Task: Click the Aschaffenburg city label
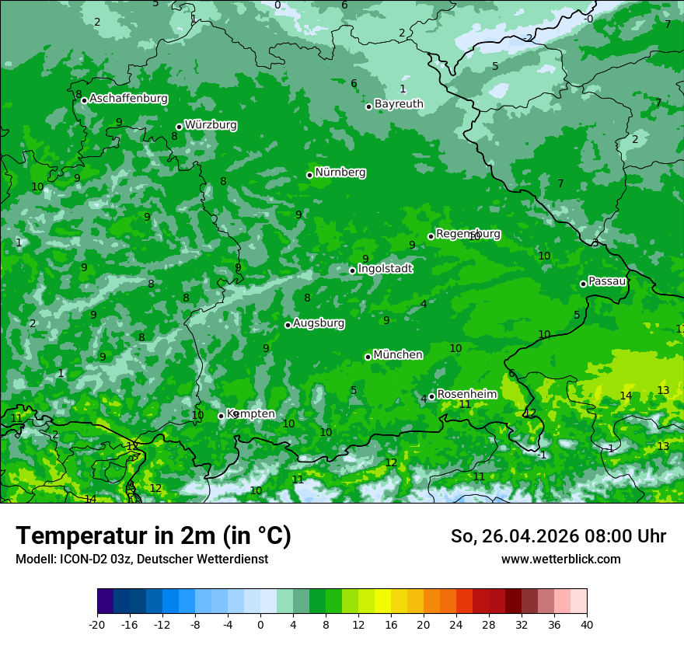pos(128,99)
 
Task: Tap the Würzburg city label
pos(211,125)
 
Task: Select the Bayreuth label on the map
pos(399,104)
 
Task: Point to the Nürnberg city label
pos(340,173)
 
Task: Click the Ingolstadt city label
pos(385,269)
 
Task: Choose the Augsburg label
pos(319,323)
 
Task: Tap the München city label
pos(398,355)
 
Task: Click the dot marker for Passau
pos(583,284)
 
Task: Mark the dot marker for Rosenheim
pos(431,396)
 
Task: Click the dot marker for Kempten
pos(221,416)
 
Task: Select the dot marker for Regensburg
pos(431,236)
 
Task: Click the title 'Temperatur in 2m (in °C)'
pos(153,536)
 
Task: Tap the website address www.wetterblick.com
pos(560,560)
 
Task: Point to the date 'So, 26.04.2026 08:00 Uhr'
pos(558,536)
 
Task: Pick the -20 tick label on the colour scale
pos(97,624)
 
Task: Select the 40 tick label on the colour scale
pos(587,624)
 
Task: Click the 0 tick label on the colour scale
pos(260,624)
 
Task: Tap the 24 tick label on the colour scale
pos(456,624)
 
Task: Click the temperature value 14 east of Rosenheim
pos(626,396)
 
